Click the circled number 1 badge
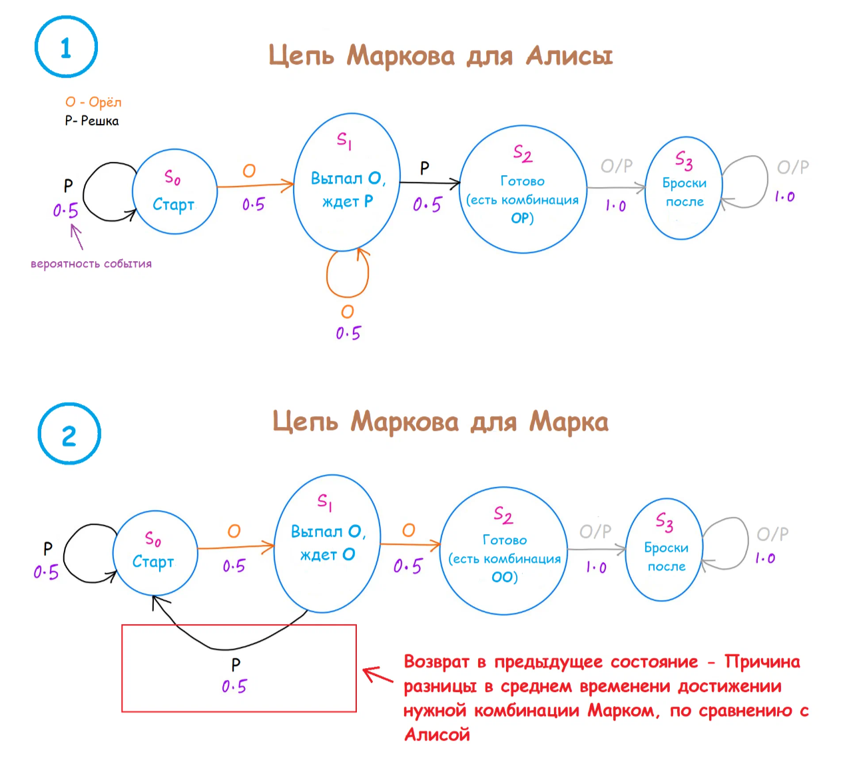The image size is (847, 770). coord(66,47)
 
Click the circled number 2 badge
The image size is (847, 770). coord(69,435)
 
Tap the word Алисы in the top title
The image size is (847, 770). coord(569,56)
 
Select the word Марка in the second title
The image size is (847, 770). coord(569,422)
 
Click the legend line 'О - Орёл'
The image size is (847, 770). coord(93,102)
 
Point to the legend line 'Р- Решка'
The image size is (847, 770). coord(92,121)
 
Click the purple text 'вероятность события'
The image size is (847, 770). coord(91,264)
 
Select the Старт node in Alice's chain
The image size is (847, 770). coord(174,191)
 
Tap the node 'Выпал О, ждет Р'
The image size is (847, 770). coord(347,183)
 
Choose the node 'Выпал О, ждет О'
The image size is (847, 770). coord(327,543)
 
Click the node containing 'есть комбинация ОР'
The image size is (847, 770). coord(523,190)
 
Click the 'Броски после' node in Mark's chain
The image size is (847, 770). coord(665,550)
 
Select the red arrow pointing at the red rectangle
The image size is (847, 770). coord(378,675)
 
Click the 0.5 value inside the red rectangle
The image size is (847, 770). coord(234,686)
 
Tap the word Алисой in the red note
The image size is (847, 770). coord(437,735)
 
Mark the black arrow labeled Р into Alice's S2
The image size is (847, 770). coord(429,183)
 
